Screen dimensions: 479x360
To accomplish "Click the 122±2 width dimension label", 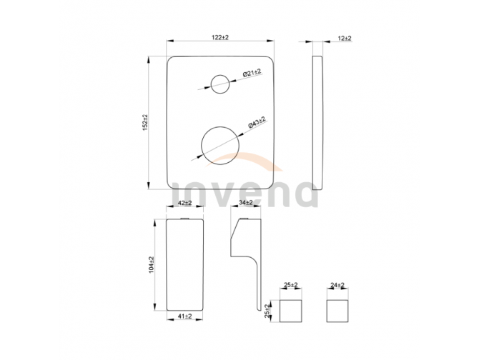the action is [220, 38].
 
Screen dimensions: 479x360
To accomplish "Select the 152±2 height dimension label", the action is [145, 123].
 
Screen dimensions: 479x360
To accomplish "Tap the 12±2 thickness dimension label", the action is [345, 39].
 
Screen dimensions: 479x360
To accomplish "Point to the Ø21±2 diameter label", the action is [252, 73].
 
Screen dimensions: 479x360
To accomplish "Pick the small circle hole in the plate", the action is [220, 75].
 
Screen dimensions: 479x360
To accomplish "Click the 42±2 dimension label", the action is [184, 203].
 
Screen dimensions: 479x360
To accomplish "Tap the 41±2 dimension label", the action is [184, 316].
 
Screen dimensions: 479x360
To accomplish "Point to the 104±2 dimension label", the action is [152, 264].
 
